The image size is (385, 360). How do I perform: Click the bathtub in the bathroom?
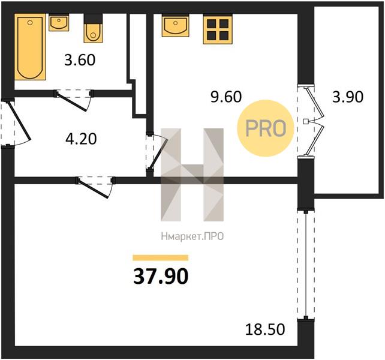[x=30, y=47]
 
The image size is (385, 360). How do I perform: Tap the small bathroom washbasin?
[x=59, y=22]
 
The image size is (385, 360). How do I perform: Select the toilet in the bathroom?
[x=93, y=29]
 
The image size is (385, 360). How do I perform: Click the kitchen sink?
[x=175, y=25]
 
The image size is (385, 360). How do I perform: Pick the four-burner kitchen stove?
[x=218, y=30]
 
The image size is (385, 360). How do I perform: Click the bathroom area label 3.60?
[x=80, y=60]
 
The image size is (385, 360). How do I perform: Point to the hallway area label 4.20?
[x=81, y=139]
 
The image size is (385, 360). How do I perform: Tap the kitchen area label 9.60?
[x=226, y=97]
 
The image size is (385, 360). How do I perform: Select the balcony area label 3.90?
[x=348, y=97]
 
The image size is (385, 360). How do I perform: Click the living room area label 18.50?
[x=265, y=329]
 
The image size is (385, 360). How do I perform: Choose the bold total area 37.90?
[x=161, y=276]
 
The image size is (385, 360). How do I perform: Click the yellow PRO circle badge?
[x=266, y=128]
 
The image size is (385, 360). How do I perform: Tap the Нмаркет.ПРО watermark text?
[x=192, y=236]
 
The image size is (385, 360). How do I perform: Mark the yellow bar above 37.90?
[x=161, y=257]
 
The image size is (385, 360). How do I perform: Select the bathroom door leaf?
[x=72, y=101]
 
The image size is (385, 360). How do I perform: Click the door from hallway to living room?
[x=94, y=188]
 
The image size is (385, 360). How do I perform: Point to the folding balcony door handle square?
[x=306, y=121]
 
